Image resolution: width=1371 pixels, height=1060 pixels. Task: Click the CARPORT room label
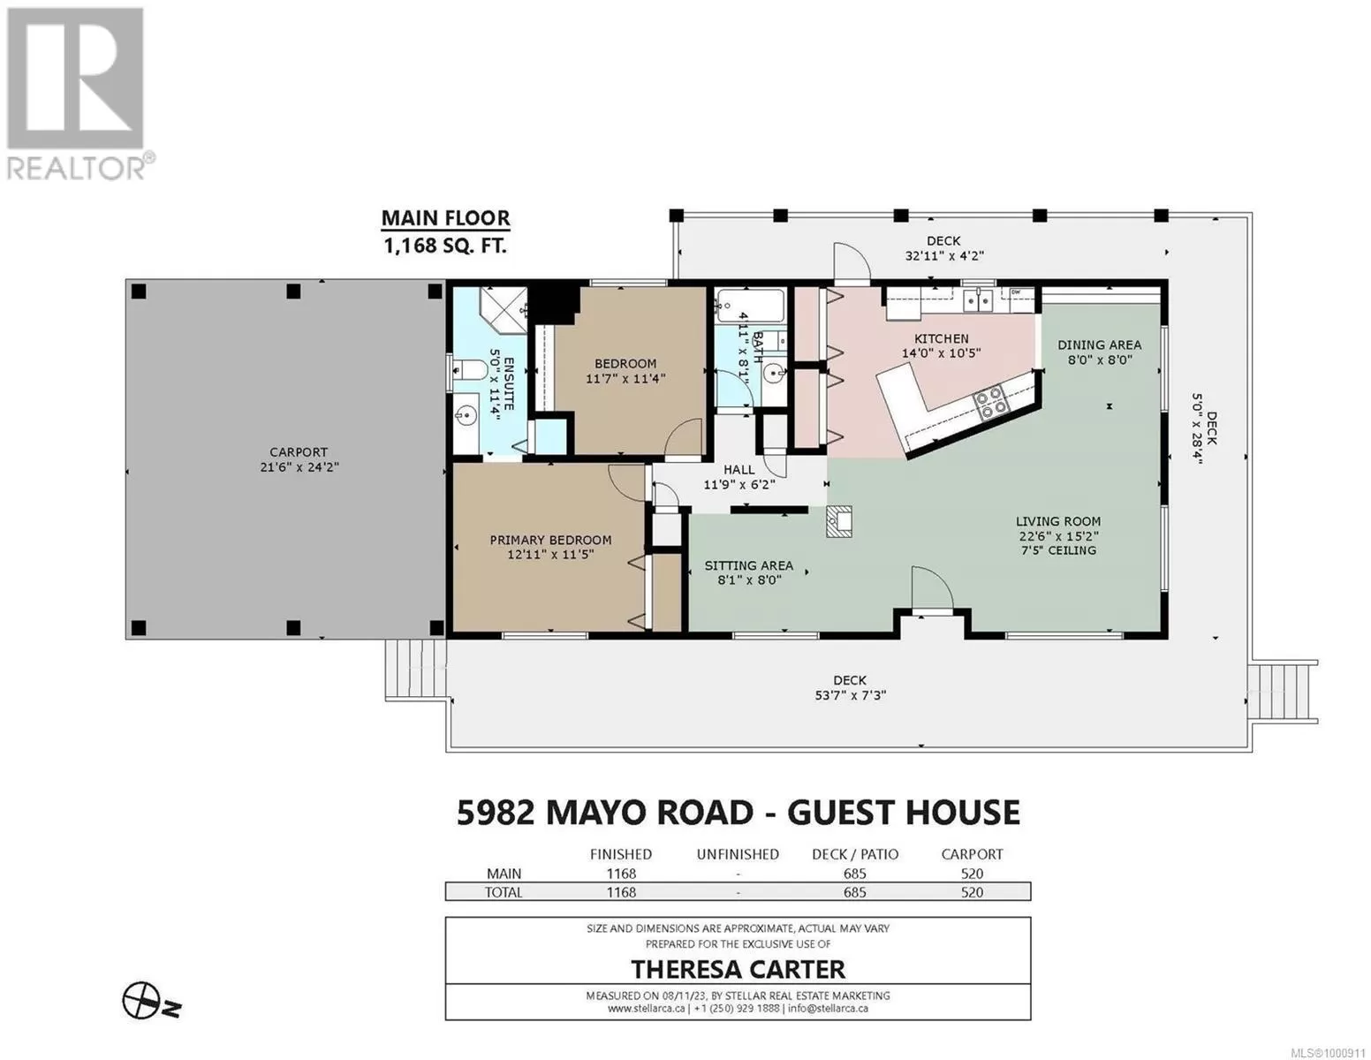(299, 452)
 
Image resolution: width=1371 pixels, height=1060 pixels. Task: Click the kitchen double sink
(978, 300)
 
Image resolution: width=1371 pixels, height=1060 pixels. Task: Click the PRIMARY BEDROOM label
(550, 540)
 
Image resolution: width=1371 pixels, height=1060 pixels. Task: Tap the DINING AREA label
(1099, 344)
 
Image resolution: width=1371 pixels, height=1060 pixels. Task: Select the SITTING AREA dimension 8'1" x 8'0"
(749, 580)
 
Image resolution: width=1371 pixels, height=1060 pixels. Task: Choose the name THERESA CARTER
(738, 969)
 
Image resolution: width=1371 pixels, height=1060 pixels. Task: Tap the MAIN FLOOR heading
(445, 217)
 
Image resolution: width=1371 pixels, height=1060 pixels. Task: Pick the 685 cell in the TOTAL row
(855, 892)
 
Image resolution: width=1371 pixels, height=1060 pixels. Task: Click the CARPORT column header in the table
(972, 854)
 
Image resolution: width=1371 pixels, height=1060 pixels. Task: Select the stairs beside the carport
(416, 669)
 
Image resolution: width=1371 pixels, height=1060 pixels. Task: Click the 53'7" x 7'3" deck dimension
(850, 695)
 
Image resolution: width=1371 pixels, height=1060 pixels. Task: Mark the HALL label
(739, 469)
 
